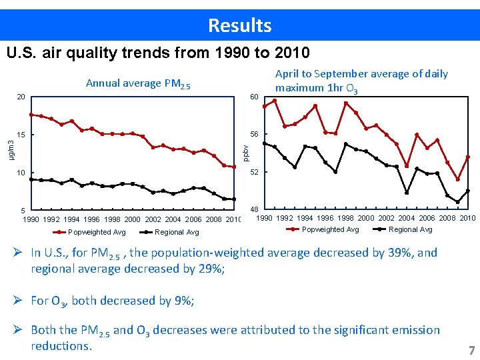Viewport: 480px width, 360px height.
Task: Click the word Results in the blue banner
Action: click(x=240, y=25)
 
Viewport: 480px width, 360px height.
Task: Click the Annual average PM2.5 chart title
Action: click(x=138, y=83)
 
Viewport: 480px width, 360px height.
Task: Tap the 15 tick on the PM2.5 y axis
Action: click(x=21, y=135)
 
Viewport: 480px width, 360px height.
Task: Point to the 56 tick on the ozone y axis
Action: click(x=255, y=134)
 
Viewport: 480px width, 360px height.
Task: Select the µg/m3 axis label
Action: click(x=11, y=150)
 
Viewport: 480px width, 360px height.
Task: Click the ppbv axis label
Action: click(x=245, y=153)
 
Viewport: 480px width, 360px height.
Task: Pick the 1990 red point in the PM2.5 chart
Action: click(x=31, y=115)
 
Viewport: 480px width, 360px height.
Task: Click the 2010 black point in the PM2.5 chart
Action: click(x=234, y=199)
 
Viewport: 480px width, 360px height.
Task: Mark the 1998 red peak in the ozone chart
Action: click(x=346, y=103)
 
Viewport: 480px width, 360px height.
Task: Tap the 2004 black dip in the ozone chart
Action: click(x=407, y=193)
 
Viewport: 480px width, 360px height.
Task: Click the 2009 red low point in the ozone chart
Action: click(x=457, y=179)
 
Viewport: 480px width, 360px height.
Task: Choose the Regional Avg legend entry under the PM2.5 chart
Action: click(x=169, y=233)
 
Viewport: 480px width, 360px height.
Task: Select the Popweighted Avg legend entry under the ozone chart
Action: click(x=323, y=229)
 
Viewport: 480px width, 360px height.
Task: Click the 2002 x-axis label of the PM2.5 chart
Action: click(x=153, y=219)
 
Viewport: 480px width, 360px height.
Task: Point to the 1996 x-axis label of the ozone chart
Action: click(x=325, y=218)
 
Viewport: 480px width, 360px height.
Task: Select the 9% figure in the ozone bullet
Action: click(x=183, y=301)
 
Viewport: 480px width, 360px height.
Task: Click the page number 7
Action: click(x=472, y=350)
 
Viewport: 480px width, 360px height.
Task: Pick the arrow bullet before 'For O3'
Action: click(x=17, y=300)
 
